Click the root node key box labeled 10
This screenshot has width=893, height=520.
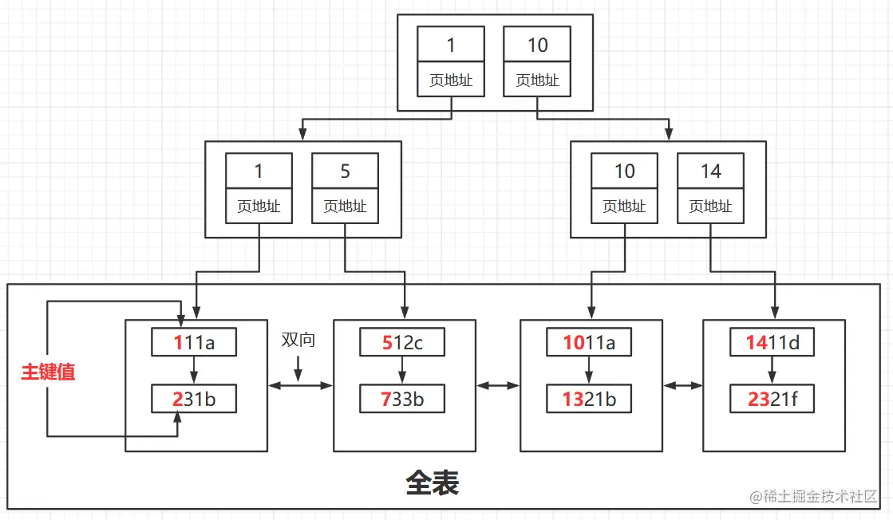[537, 45]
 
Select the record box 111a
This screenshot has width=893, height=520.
[194, 342]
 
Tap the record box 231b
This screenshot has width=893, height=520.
[194, 400]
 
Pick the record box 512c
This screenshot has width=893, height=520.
[401, 342]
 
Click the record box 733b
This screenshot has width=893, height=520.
[401, 400]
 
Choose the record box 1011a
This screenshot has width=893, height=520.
[588, 342]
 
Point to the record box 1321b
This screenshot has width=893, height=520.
[588, 400]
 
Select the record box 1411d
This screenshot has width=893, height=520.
[772, 342]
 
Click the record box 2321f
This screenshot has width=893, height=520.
[772, 400]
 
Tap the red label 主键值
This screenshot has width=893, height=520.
[48, 372]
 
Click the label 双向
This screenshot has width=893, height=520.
[298, 340]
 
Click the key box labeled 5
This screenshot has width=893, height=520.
[345, 171]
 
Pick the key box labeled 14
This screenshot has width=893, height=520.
[710, 171]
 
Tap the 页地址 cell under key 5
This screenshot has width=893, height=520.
[345, 207]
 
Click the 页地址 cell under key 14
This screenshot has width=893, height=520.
[710, 207]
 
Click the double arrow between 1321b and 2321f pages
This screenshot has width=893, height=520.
[683, 386]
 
